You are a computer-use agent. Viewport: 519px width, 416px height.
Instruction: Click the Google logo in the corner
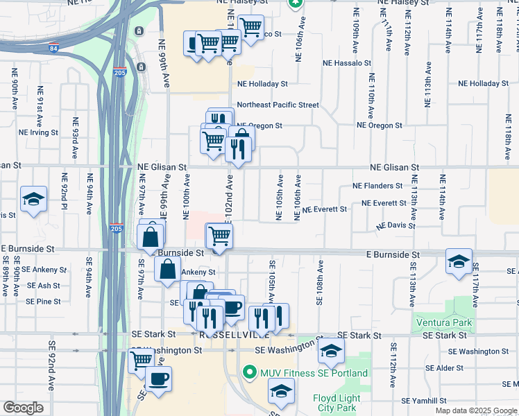23,408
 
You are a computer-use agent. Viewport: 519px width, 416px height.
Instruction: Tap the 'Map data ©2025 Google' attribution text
476,410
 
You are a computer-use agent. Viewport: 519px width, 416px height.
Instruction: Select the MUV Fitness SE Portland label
314,374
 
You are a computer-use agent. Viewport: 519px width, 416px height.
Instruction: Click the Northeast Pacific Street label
278,105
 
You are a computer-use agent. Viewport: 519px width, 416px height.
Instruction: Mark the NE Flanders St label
377,186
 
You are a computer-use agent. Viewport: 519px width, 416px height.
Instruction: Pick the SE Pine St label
43,302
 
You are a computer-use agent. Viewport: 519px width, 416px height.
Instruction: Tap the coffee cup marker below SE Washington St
159,379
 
